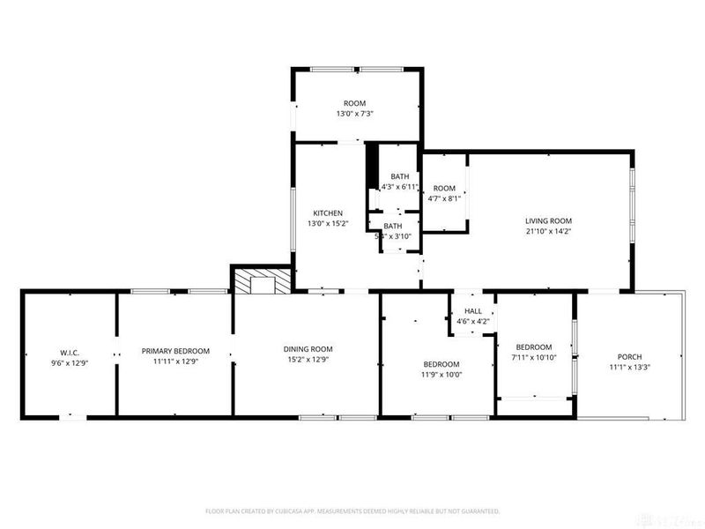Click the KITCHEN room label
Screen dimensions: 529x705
point(328,213)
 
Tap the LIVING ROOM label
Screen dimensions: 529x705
point(549,221)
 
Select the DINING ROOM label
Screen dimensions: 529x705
point(308,349)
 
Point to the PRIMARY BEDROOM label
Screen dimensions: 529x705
point(175,350)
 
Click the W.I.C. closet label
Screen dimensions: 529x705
point(70,350)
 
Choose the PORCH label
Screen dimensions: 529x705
point(630,356)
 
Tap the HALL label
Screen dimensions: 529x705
point(473,311)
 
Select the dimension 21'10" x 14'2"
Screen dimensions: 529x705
point(549,233)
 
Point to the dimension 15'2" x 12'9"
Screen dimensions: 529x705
point(308,361)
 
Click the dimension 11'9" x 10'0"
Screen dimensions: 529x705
point(441,375)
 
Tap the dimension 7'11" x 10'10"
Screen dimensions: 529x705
point(534,358)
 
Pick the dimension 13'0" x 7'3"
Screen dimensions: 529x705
point(355,114)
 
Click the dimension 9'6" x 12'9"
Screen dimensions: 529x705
point(70,361)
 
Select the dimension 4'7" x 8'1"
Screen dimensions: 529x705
point(444,199)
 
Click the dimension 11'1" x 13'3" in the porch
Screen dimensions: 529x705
point(630,368)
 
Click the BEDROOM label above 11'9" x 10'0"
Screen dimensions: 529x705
point(441,364)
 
